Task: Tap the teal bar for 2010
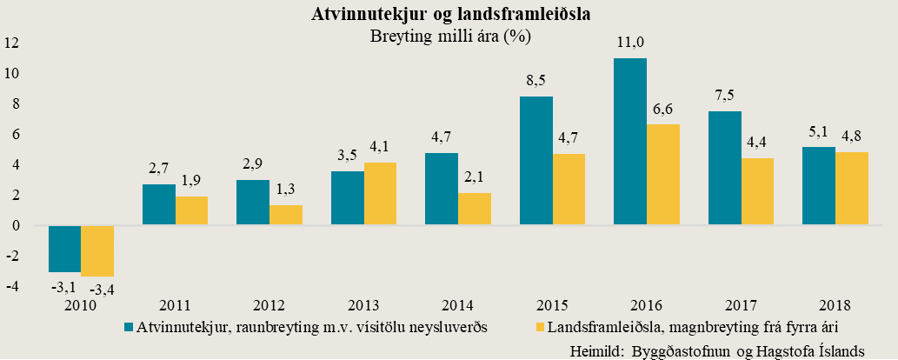[64, 249]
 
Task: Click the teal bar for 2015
[536, 161]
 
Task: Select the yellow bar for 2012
[286, 215]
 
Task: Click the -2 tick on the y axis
[11, 256]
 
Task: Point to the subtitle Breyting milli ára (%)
[450, 37]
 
